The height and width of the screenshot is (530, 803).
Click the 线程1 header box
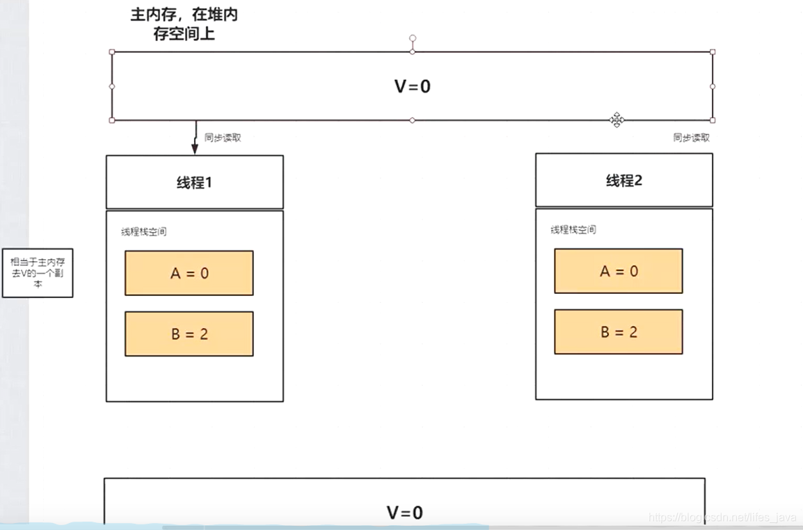click(x=194, y=182)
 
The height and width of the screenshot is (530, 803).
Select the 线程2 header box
click(x=623, y=180)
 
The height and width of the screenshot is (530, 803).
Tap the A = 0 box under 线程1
click(x=189, y=273)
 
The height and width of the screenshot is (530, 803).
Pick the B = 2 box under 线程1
click(x=189, y=334)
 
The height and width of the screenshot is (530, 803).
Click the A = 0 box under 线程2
click(x=619, y=271)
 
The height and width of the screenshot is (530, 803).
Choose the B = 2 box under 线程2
click(x=619, y=332)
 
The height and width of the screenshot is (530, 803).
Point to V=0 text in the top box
click(x=413, y=86)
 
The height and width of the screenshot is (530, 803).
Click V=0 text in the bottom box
click(x=404, y=513)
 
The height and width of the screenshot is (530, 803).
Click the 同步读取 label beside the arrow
click(x=223, y=138)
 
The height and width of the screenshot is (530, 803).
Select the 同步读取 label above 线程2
click(x=692, y=138)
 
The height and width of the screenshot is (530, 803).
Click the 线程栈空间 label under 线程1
click(x=144, y=232)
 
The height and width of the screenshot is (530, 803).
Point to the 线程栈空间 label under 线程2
click(x=573, y=230)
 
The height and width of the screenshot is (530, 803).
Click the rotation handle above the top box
click(x=413, y=38)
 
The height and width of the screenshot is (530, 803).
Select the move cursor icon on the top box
click(x=617, y=120)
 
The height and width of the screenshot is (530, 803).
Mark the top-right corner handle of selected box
click(x=713, y=52)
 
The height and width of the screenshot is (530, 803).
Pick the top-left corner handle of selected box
click(x=112, y=52)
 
